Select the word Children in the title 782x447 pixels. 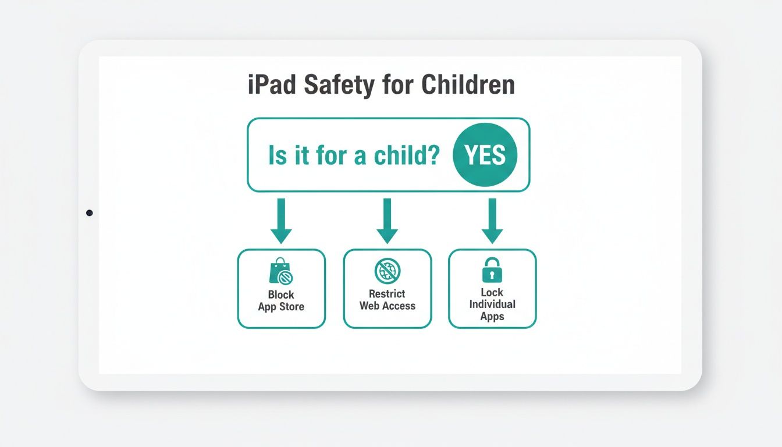point(468,85)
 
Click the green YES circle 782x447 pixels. point(485,155)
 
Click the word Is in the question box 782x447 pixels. point(278,155)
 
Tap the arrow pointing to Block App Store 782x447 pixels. point(281,221)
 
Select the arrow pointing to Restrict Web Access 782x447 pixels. point(387,221)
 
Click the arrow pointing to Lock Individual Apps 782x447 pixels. point(492,221)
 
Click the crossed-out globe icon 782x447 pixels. point(387,271)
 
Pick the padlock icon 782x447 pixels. point(492,270)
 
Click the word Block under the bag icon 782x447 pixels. point(281,295)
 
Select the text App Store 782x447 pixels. point(281,307)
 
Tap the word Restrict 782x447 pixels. point(387,294)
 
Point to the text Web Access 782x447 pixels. point(387,306)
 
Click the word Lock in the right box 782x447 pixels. point(492,292)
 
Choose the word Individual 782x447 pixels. point(492,304)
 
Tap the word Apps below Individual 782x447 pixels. point(492,317)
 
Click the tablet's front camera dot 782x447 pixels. point(89,213)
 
